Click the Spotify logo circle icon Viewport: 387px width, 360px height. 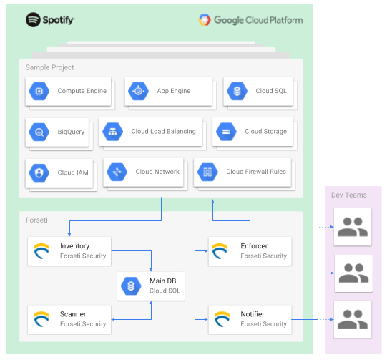point(33,20)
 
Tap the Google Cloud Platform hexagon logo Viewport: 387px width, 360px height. point(205,20)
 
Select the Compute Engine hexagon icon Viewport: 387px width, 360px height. point(39,92)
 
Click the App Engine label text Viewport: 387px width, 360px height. point(174,91)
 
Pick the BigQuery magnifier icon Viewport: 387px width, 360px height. point(39,132)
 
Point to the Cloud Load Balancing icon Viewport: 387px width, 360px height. point(113,132)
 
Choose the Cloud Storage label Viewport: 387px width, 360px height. point(266,132)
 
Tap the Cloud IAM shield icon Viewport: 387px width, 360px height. point(39,172)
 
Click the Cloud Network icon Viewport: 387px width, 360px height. point(117,172)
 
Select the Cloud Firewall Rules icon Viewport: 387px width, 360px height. point(207,172)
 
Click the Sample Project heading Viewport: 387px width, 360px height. point(50,67)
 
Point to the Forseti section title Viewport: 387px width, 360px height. point(36,220)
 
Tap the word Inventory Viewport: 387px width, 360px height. point(75,246)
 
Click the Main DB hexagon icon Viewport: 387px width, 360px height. point(131,286)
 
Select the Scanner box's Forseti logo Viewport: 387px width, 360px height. point(41,319)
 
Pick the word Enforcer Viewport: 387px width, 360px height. point(254,246)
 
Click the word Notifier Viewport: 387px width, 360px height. point(253,314)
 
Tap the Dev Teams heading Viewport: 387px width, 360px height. point(349,195)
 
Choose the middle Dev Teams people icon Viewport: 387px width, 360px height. point(353,273)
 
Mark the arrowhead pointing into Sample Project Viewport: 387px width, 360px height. point(212,201)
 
